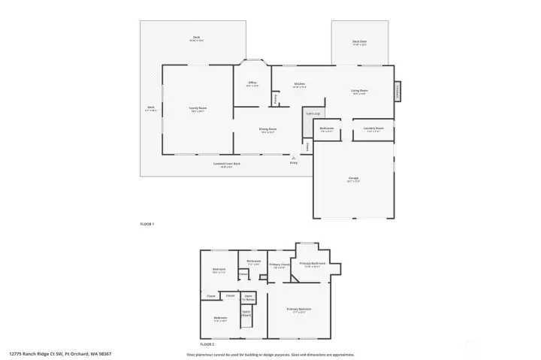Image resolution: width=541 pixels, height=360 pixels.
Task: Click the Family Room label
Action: coord(198,109)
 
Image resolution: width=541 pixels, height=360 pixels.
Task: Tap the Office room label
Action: coord(252,83)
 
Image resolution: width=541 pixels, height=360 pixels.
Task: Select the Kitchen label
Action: coord(299,84)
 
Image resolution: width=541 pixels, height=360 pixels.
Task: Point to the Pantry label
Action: coord(276,98)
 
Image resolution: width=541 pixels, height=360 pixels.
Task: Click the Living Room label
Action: coord(359,92)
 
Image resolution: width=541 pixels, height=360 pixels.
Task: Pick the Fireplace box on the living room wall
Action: coord(397,92)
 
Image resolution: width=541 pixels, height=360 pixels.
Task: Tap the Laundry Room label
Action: coord(373,129)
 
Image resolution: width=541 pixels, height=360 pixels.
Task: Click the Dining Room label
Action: coord(268,130)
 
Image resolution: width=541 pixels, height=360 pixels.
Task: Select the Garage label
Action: coord(352,179)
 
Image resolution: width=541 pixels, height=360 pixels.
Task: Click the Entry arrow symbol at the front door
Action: coord(293,158)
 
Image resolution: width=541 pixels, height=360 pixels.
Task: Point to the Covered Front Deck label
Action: coord(226,164)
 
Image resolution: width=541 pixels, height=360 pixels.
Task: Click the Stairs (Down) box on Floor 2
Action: coord(246,314)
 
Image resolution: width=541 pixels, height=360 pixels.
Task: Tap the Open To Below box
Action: coord(249,298)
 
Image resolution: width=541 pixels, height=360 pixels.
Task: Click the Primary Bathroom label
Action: coord(312,264)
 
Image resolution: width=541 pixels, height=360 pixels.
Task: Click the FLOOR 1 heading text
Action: coord(147,224)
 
